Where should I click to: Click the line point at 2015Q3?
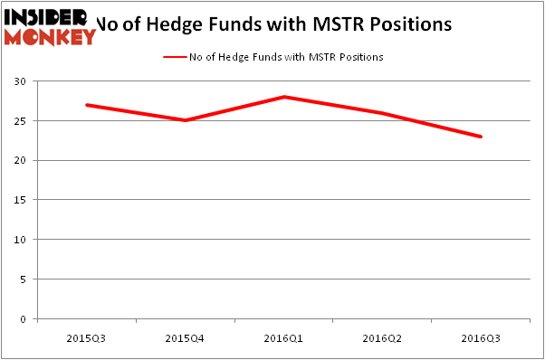[87, 105]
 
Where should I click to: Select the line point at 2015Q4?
[186, 120]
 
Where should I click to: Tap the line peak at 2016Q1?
[284, 97]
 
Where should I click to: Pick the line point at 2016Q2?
[383, 113]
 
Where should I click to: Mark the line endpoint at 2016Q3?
[482, 137]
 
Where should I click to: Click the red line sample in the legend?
[174, 57]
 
